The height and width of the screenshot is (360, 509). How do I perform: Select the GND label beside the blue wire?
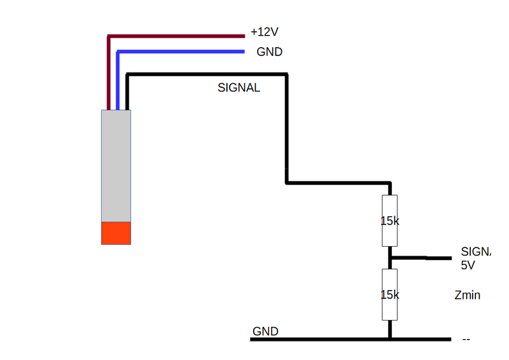(269, 52)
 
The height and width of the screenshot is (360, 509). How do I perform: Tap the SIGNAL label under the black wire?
(239, 88)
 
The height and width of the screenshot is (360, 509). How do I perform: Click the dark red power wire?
(178, 35)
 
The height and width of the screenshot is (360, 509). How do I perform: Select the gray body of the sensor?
(116, 165)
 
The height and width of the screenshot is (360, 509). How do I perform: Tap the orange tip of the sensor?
(116, 233)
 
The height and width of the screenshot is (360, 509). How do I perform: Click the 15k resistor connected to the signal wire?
(389, 221)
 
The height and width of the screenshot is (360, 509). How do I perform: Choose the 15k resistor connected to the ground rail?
(389, 294)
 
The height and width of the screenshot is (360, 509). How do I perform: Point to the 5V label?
(468, 265)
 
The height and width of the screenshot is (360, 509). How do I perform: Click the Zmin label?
(467, 295)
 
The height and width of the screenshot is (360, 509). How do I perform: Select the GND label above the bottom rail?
(265, 331)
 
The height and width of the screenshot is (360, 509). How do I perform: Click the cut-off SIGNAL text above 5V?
(477, 251)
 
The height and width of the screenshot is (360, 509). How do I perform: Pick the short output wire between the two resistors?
(420, 258)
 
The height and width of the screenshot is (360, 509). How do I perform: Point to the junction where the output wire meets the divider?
(390, 258)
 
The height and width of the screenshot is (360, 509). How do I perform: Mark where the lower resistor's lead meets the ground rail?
(389, 339)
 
